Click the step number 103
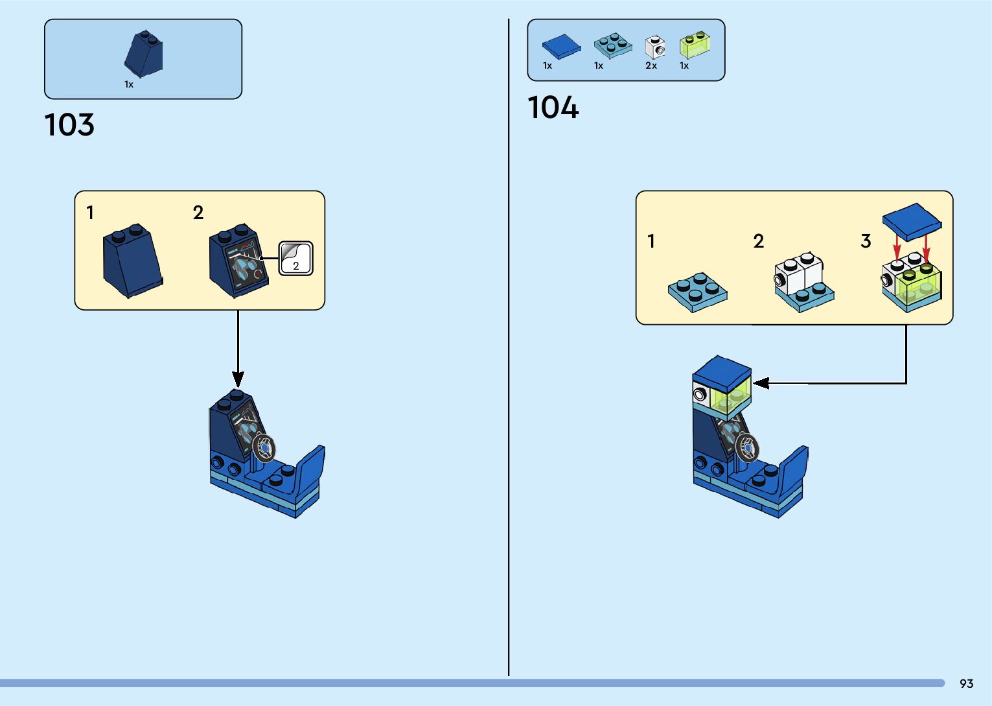point(69,124)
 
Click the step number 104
point(553,108)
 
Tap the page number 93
point(966,683)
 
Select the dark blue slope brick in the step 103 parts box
point(144,54)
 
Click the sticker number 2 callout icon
point(296,259)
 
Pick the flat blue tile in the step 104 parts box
point(561,46)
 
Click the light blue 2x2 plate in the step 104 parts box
point(612,45)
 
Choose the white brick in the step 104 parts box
point(655,47)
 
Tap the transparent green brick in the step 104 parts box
point(695,45)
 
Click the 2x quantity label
point(651,65)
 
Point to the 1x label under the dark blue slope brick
point(129,84)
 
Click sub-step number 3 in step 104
point(866,241)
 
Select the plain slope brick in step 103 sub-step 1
point(132,261)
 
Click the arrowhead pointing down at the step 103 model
point(238,379)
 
